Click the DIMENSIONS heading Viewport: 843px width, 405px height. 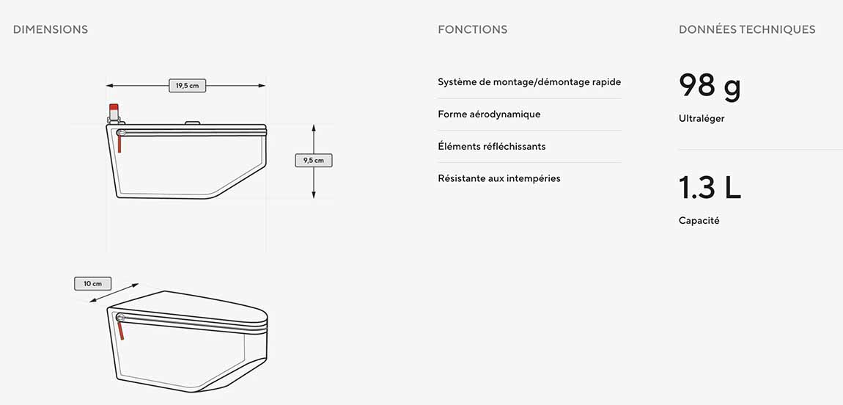coord(51,29)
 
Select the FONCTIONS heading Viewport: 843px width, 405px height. coord(473,29)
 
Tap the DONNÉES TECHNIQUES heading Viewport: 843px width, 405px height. coord(747,29)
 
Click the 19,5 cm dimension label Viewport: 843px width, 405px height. coord(188,86)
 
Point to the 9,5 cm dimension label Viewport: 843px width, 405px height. coord(314,160)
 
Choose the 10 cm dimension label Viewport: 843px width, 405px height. coord(93,283)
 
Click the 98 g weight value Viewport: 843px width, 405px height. coord(710,86)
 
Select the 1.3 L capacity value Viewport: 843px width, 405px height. coord(710,187)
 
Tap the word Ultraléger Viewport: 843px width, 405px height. coord(702,119)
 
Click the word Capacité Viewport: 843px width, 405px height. coord(699,221)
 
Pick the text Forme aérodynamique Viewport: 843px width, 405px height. coord(489,114)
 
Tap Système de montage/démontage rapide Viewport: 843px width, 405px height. coord(529,82)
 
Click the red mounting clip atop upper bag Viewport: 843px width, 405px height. coord(114,108)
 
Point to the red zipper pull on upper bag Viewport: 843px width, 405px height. coord(119,143)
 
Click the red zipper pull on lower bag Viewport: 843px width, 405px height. coord(121,329)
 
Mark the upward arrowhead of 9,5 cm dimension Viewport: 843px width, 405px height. coord(314,128)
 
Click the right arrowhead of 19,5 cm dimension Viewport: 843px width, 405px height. coord(262,86)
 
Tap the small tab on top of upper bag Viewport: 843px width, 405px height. coord(193,123)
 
